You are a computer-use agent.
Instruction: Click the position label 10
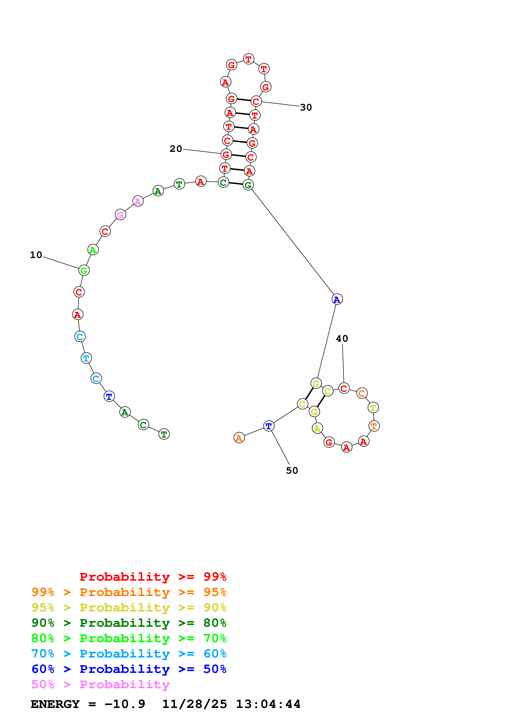point(36,255)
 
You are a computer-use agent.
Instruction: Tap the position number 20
point(176,149)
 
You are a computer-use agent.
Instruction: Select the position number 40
point(342,339)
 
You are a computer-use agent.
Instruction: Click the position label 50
point(292,471)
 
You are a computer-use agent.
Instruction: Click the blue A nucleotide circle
point(337,299)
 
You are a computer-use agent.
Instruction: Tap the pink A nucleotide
point(138,201)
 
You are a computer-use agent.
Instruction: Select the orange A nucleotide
point(239,438)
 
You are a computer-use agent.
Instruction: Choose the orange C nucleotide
point(362,393)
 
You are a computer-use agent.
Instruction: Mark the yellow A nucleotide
point(317,428)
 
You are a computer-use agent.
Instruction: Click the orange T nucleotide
point(374,426)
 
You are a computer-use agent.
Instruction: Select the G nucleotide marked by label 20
point(226,154)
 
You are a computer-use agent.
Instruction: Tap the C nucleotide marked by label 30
point(256,101)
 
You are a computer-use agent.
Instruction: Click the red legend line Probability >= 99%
point(153,577)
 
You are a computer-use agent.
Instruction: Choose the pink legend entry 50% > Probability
point(100,685)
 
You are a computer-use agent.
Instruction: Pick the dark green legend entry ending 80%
point(129,623)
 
